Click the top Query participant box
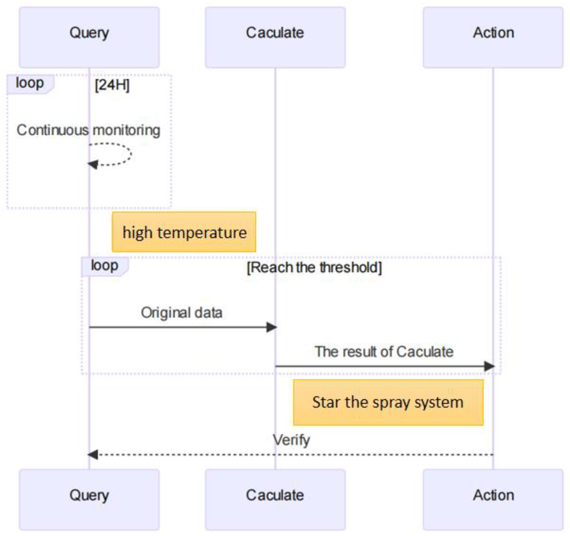click(89, 37)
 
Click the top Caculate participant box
click(275, 37)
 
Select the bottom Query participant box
click(89, 499)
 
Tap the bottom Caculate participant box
click(275, 499)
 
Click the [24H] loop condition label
click(112, 85)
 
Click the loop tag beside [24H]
click(30, 83)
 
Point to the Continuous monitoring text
click(88, 130)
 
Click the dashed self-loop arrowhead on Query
click(93, 164)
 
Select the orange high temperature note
click(184, 232)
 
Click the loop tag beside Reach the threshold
click(104, 266)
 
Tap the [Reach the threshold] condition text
click(314, 267)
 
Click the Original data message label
click(181, 313)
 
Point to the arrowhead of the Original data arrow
click(271, 327)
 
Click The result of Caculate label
click(384, 352)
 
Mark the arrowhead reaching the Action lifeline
click(489, 366)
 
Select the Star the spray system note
click(388, 402)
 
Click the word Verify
click(291, 440)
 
